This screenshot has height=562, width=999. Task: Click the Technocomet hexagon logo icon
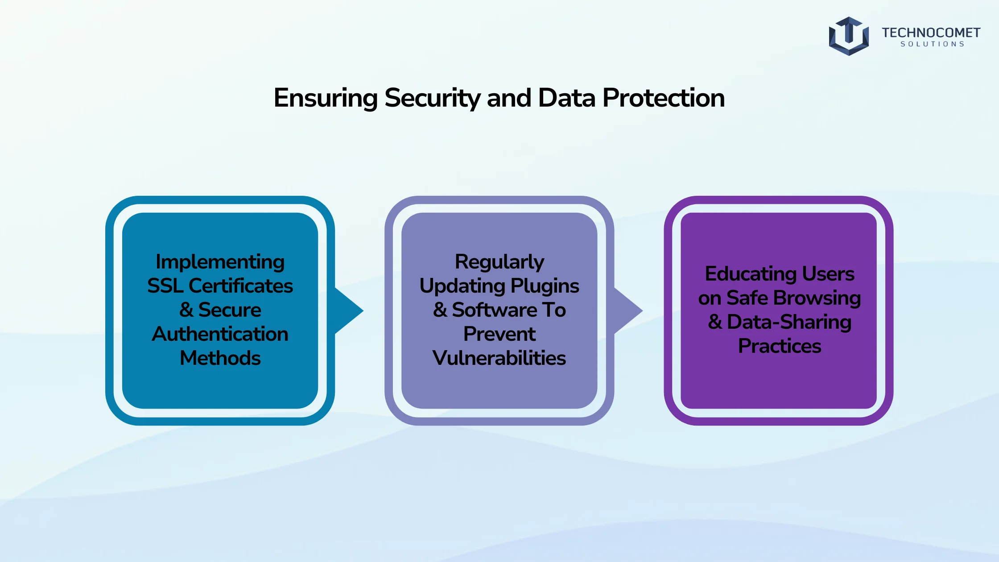pyautogui.click(x=849, y=36)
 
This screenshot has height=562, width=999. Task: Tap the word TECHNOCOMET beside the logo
pyautogui.click(x=931, y=33)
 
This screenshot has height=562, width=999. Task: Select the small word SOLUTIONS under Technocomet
pyautogui.click(x=932, y=44)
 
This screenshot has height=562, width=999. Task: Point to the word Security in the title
pyautogui.click(x=432, y=98)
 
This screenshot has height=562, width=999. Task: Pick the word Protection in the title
pyautogui.click(x=664, y=98)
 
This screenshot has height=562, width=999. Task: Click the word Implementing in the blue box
pyautogui.click(x=220, y=262)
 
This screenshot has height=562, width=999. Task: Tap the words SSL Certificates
pyautogui.click(x=220, y=286)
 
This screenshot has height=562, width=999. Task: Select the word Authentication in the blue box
pyautogui.click(x=220, y=334)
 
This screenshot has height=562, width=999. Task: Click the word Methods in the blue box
pyautogui.click(x=220, y=358)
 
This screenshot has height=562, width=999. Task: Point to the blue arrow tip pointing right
pyautogui.click(x=363, y=310)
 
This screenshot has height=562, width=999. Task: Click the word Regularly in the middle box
pyautogui.click(x=499, y=262)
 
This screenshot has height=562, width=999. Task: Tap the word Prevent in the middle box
pyautogui.click(x=499, y=334)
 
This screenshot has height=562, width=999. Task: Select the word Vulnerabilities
pyautogui.click(x=499, y=358)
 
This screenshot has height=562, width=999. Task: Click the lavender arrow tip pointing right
pyautogui.click(x=642, y=310)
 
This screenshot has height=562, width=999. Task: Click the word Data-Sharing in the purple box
pyautogui.click(x=789, y=322)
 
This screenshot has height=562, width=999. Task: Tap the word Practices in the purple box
pyautogui.click(x=780, y=346)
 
